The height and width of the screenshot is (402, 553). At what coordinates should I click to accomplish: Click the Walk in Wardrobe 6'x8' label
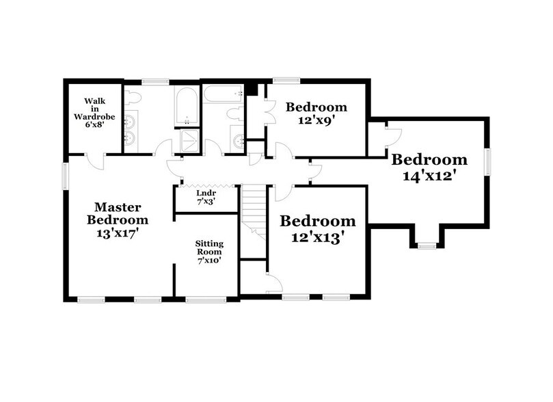pyautogui.click(x=99, y=113)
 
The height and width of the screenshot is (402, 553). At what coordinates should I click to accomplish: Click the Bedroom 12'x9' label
pyautogui.click(x=316, y=113)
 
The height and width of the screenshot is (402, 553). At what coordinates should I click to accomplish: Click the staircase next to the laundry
pyautogui.click(x=253, y=209)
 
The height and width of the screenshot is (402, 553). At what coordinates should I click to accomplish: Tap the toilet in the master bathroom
pyautogui.click(x=134, y=96)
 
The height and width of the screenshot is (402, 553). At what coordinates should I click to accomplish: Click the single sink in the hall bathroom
pyautogui.click(x=239, y=141)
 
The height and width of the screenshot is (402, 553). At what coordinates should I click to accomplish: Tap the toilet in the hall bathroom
pyautogui.click(x=232, y=112)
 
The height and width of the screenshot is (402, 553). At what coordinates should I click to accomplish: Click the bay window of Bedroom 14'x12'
pyautogui.click(x=427, y=244)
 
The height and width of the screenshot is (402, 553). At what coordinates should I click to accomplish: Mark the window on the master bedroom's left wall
pyautogui.click(x=66, y=174)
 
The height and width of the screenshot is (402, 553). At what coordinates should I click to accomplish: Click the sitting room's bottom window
pyautogui.click(x=206, y=299)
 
